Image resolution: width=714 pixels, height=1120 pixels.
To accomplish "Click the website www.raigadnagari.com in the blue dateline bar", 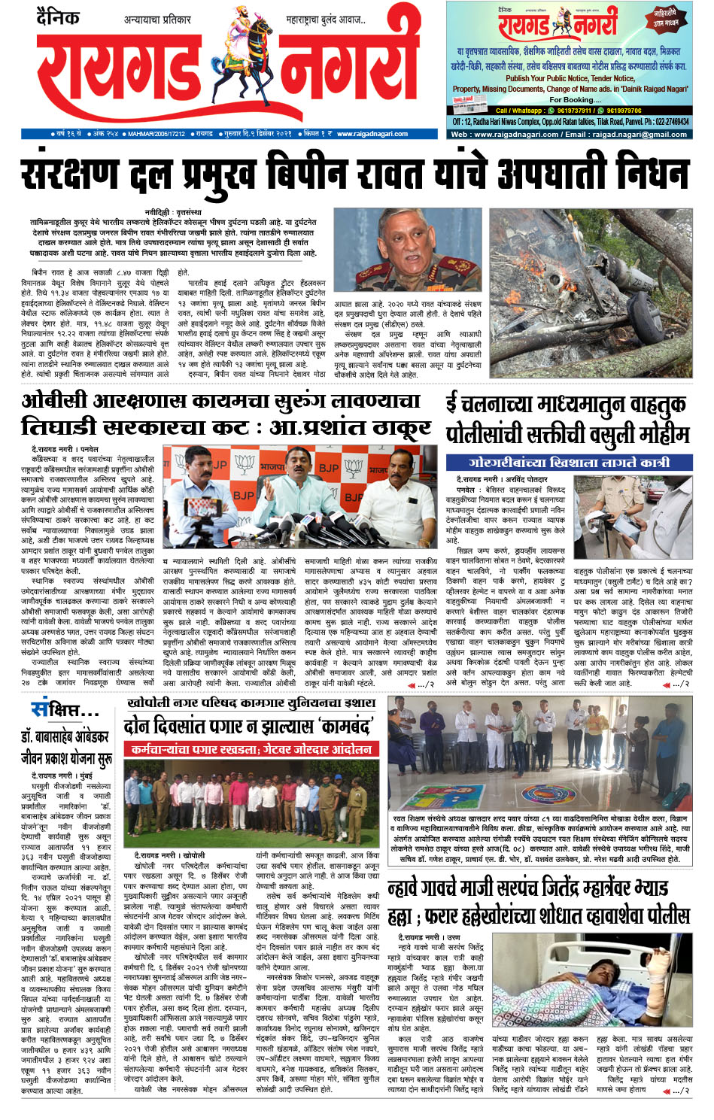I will tap(372, 134).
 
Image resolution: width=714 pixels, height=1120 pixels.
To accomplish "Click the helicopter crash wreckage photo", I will tap(591, 292).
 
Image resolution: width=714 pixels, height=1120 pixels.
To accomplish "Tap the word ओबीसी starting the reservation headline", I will tap(55, 400).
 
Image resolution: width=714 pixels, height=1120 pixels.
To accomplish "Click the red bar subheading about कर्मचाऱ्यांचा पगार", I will tap(250, 750).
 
